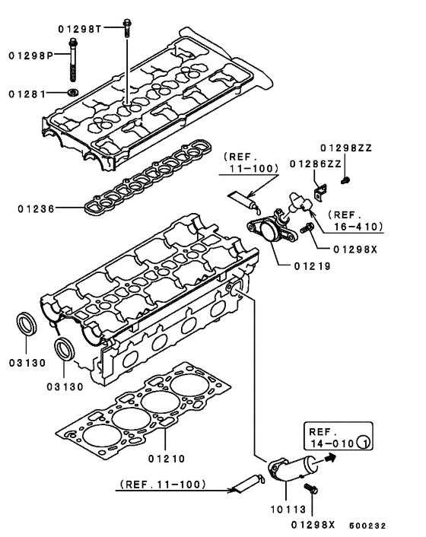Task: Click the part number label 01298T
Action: (80, 29)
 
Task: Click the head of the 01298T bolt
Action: (126, 29)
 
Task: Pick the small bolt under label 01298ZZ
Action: (347, 180)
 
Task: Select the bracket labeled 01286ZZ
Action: (320, 183)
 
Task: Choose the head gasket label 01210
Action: (167, 458)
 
